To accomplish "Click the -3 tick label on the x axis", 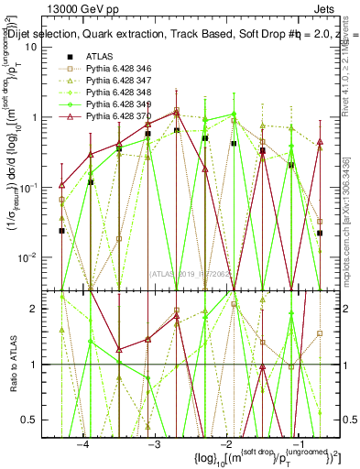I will click(154, 442).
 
